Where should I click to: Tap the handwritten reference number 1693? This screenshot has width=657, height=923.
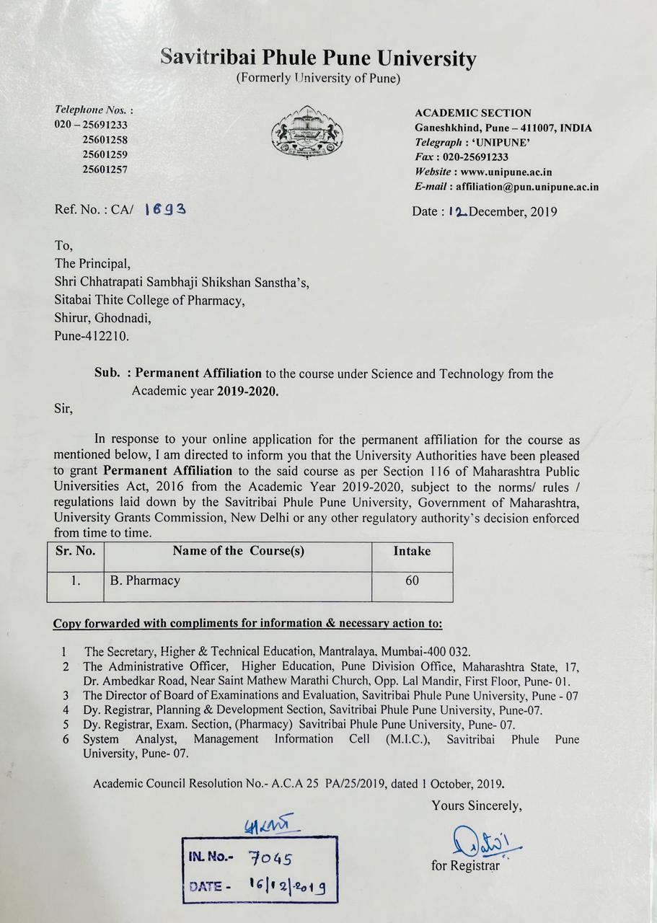[x=166, y=209]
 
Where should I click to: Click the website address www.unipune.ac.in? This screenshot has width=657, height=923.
[x=506, y=172]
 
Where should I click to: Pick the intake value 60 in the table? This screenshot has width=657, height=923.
[x=412, y=580]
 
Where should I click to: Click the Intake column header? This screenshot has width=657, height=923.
[x=412, y=552]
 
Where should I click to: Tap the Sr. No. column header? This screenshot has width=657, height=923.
[x=75, y=552]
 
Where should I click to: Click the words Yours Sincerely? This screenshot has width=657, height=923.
[x=477, y=805]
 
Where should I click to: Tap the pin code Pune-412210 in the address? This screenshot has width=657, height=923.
[x=92, y=335]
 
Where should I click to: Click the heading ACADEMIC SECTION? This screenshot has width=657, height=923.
[x=473, y=113]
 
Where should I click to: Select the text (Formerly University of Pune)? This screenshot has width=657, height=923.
[x=318, y=78]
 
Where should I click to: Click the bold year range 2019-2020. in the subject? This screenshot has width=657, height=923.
[x=248, y=392]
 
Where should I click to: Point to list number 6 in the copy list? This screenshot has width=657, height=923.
[x=66, y=740]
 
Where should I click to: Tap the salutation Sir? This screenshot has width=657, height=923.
[x=63, y=409]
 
